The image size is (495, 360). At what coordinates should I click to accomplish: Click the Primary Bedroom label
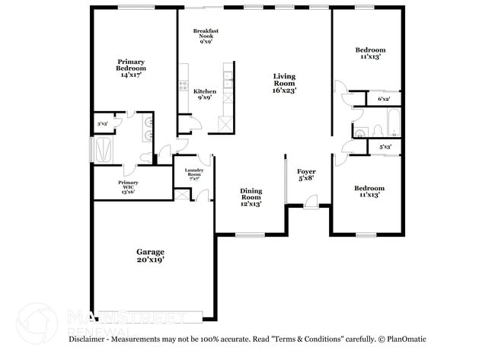point(131,68)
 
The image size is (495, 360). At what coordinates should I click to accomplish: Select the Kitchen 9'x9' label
point(205,94)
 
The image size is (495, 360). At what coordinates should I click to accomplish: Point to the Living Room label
point(285,83)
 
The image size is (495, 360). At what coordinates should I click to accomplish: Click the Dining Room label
point(251,197)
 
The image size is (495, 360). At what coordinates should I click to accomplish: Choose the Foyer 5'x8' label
point(305,176)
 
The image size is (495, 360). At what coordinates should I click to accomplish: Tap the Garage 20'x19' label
point(150,255)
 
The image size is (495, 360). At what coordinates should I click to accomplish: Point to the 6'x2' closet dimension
point(383,99)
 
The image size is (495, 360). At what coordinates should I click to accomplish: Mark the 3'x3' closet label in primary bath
point(102,123)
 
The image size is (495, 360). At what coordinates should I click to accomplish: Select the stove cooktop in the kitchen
point(183,85)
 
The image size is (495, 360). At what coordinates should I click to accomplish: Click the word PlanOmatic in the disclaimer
point(406,339)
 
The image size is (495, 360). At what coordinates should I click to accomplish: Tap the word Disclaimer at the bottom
point(88,339)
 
